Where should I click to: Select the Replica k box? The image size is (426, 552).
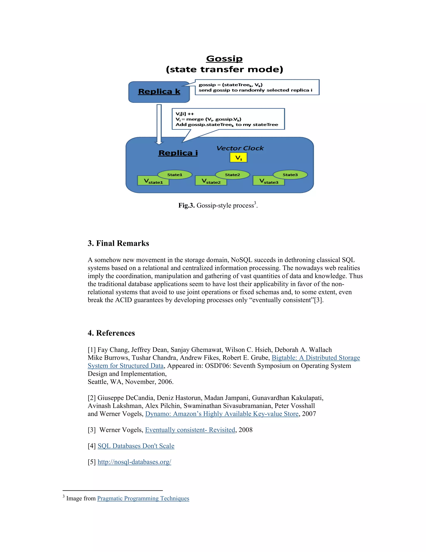(159, 92)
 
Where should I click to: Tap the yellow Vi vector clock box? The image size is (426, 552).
(238, 158)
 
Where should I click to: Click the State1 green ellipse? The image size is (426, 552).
(175, 175)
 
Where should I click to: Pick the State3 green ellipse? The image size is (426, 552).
(290, 175)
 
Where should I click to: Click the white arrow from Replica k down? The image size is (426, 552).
(159, 124)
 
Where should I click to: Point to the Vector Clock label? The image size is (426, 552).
(240, 148)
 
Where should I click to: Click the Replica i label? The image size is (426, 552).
(178, 153)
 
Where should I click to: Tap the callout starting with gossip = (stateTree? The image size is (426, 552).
(257, 87)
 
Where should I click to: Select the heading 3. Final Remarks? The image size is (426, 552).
(118, 243)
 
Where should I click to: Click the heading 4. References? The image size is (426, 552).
(111, 333)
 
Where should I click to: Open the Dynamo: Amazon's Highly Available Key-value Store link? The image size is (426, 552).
(222, 414)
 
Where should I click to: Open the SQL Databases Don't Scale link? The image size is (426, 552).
(136, 446)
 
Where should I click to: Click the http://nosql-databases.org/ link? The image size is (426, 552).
(134, 462)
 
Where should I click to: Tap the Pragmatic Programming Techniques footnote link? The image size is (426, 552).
(143, 498)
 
